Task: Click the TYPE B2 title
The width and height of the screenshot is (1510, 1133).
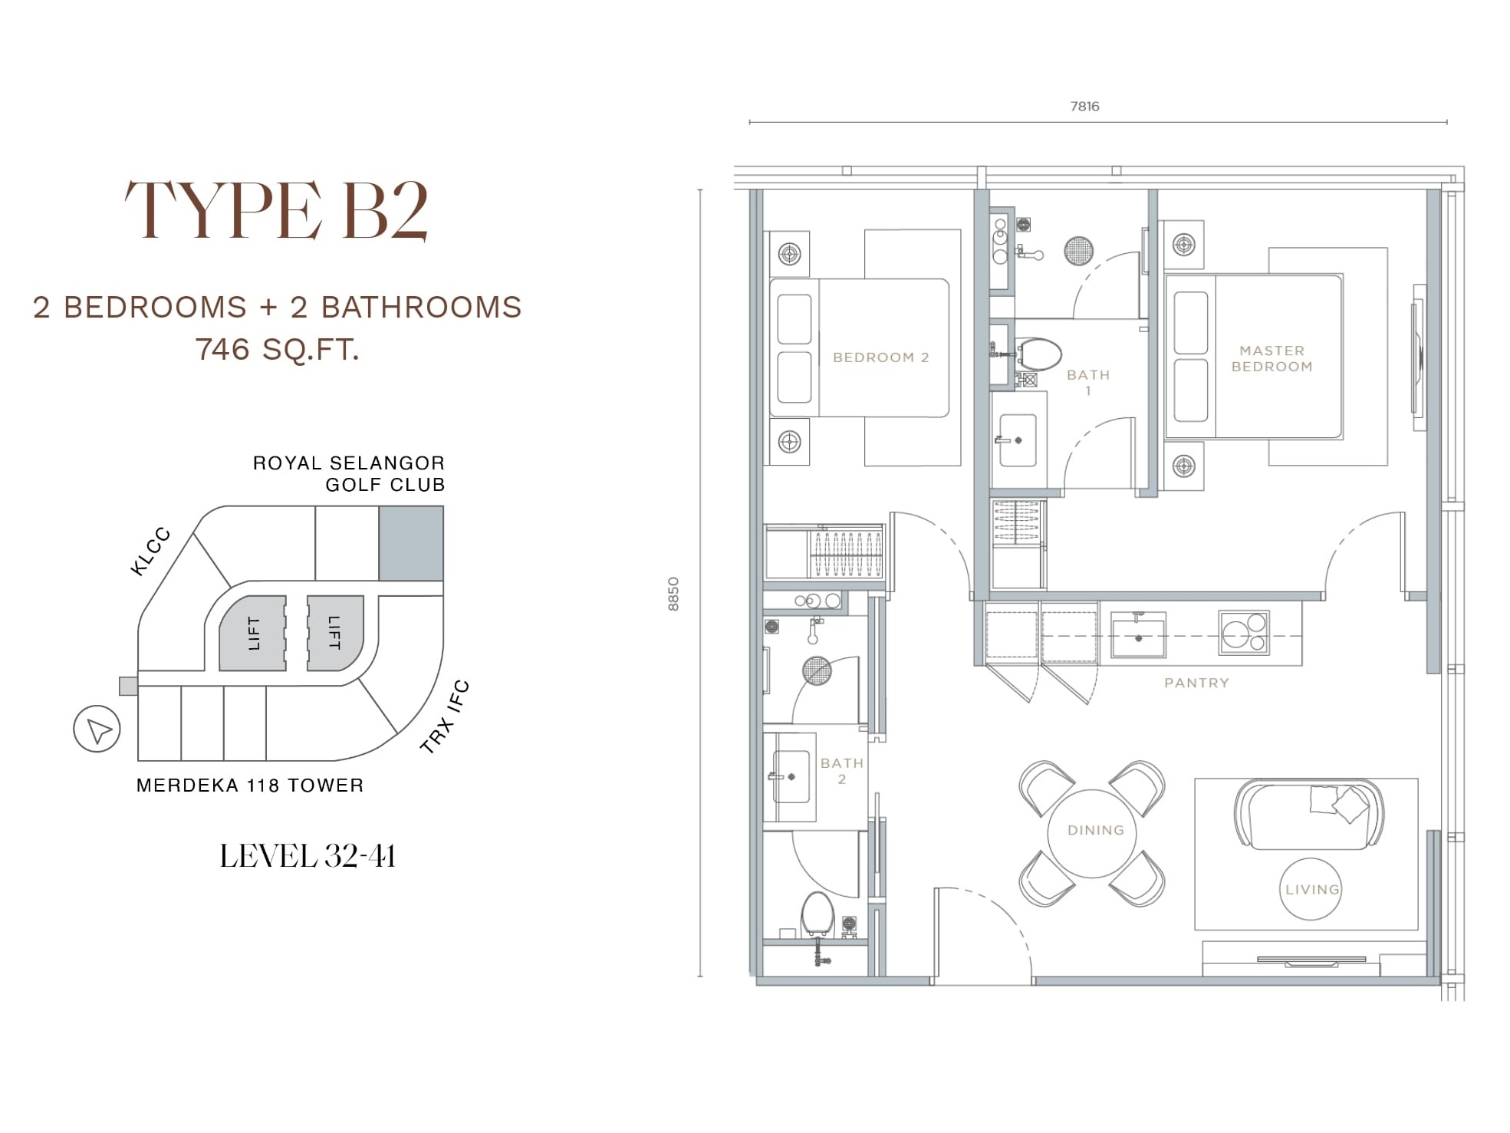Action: [x=276, y=210]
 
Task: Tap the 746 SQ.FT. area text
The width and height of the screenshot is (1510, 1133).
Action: [x=277, y=350]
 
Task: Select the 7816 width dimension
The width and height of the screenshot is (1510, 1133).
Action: [x=1084, y=107]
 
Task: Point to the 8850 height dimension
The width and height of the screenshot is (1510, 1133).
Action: [x=673, y=594]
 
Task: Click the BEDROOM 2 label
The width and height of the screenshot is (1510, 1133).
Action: [x=881, y=357]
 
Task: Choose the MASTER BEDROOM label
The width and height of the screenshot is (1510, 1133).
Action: [x=1271, y=358]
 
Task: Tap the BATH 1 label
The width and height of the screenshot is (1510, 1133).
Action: [x=1088, y=382]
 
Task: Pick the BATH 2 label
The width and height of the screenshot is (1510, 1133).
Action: [x=842, y=770]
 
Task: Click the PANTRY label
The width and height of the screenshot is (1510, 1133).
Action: [x=1196, y=683]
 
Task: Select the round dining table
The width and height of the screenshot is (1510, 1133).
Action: [x=1092, y=833]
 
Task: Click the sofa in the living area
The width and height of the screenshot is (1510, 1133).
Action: [x=1310, y=815]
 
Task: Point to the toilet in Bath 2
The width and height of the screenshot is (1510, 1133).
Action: [x=817, y=914]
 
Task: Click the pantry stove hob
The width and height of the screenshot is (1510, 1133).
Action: [x=1244, y=632]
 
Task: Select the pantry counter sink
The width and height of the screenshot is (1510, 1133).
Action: [x=1139, y=635]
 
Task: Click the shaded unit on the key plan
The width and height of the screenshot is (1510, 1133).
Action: [x=411, y=543]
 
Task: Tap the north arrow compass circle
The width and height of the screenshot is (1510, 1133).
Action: [x=97, y=729]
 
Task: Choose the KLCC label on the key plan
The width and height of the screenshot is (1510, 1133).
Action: [x=150, y=552]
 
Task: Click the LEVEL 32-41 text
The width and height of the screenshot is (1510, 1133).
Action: [x=308, y=856]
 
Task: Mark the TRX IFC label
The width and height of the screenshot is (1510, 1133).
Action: [x=445, y=716]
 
